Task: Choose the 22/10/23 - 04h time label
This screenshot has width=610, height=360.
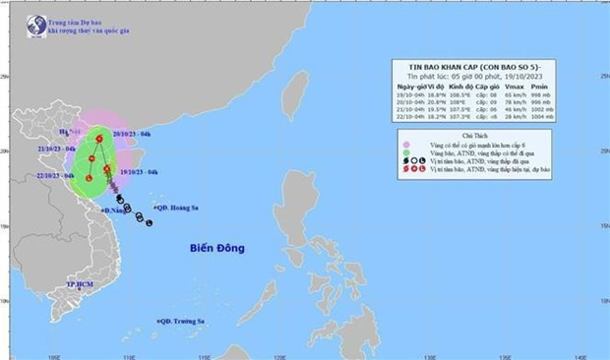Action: click(x=55, y=175)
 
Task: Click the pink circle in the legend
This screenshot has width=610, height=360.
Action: click(x=405, y=144)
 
